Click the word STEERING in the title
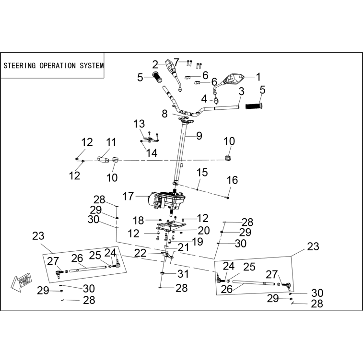pyautogui.click(x=20, y=66)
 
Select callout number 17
pyautogui.click(x=128, y=197)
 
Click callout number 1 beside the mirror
pyautogui.click(x=258, y=77)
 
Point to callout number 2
pyautogui.click(x=155, y=65)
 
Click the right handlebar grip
pyautogui.click(x=254, y=106)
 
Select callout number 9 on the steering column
pyautogui.click(x=199, y=136)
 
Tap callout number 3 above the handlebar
pyautogui.click(x=242, y=92)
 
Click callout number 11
pyautogui.click(x=111, y=142)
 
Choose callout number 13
pyautogui.click(x=139, y=124)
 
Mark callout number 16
pyautogui.click(x=233, y=180)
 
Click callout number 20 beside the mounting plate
pyautogui.click(x=204, y=231)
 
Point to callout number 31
pyautogui.click(x=183, y=274)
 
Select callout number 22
pyautogui.click(x=141, y=253)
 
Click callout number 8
pyautogui.click(x=164, y=114)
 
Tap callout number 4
pyautogui.click(x=204, y=99)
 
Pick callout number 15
pyautogui.click(x=202, y=173)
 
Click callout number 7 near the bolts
pyautogui.click(x=176, y=62)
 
